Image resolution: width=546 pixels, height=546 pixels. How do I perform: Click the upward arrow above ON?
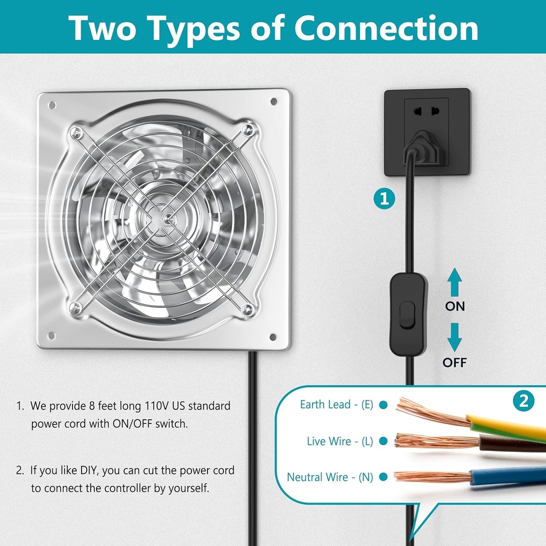click(454, 282)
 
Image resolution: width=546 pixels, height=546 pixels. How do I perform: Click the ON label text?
click(455, 307)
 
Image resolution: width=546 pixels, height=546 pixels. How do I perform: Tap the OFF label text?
click(454, 363)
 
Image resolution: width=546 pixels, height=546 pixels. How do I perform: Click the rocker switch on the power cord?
click(408, 315)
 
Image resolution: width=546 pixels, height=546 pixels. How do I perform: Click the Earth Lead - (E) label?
click(336, 405)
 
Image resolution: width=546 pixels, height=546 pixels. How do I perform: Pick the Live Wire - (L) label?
click(340, 441)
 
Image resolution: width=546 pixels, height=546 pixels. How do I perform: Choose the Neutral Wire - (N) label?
click(330, 477)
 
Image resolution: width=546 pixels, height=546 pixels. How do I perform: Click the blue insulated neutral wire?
click(507, 475)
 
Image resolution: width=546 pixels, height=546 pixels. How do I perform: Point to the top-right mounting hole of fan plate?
click(274, 101)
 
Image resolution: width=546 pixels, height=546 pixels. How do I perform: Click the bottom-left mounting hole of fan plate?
click(51, 335)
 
